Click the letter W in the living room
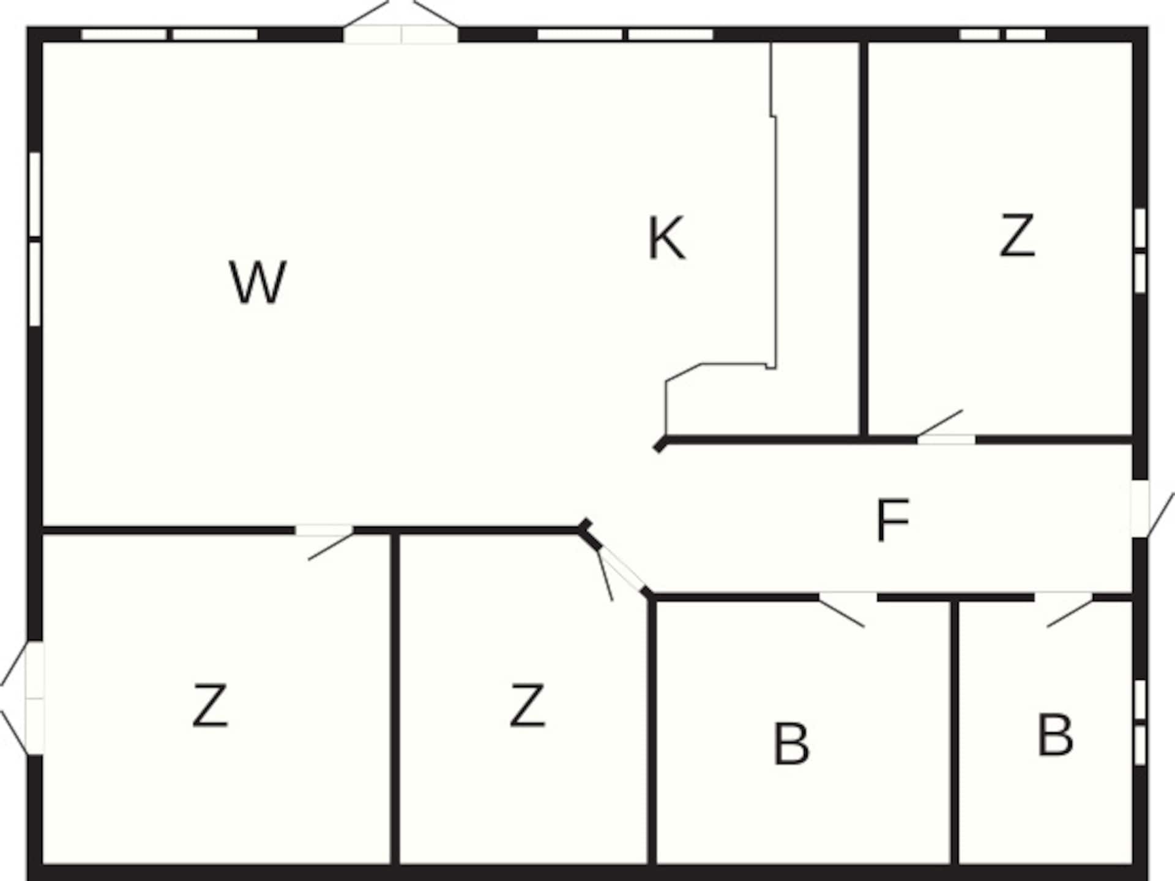(258, 282)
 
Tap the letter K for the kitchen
(666, 239)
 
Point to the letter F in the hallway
(893, 520)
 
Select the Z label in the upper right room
(1017, 234)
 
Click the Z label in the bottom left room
(210, 705)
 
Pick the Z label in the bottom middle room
(527, 705)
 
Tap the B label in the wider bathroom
(791, 743)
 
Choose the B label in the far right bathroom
(1055, 735)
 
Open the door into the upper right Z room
(945, 429)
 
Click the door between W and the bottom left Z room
(325, 538)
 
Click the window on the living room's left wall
(35, 239)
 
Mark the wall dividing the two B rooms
(955, 733)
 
